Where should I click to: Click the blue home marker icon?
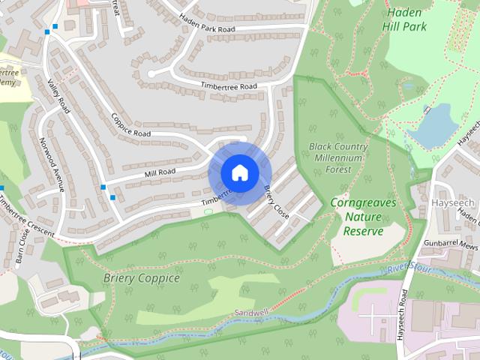tap(238, 172)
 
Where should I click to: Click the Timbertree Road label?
tap(228, 86)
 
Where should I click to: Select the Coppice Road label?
tap(131, 125)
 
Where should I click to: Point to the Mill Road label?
tap(160, 172)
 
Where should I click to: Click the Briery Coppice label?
tap(142, 278)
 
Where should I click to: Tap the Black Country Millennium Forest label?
tap(338, 157)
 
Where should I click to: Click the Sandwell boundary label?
tap(250, 311)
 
